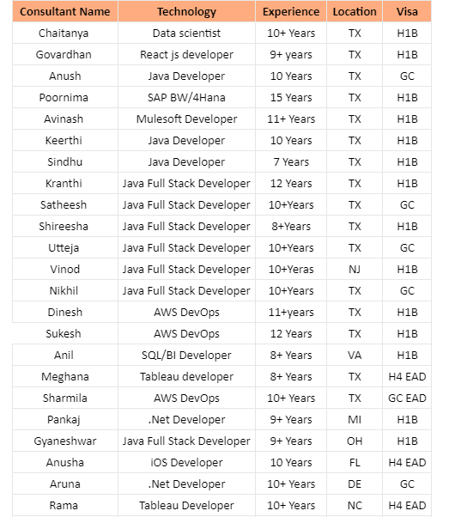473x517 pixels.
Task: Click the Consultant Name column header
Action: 64,12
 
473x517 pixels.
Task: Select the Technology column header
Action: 186,12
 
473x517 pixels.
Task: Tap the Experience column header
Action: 291,12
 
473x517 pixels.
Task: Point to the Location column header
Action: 355,12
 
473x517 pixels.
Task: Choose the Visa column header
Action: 407,12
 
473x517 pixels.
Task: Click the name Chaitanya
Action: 64,33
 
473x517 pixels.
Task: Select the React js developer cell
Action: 186,55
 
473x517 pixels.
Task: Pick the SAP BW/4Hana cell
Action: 186,98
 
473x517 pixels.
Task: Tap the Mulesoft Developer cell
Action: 186,119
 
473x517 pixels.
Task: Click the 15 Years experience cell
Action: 291,98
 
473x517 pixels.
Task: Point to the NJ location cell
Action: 355,270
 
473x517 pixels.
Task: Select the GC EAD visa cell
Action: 407,398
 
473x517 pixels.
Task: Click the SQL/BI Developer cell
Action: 186,356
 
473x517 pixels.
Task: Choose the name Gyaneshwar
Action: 64,441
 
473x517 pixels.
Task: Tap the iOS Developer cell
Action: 186,463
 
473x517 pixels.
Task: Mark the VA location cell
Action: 355,356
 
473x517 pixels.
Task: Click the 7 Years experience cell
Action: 291,162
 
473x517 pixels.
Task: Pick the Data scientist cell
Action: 186,33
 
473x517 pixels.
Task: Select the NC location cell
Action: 355,506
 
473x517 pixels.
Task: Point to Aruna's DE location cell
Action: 355,484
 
